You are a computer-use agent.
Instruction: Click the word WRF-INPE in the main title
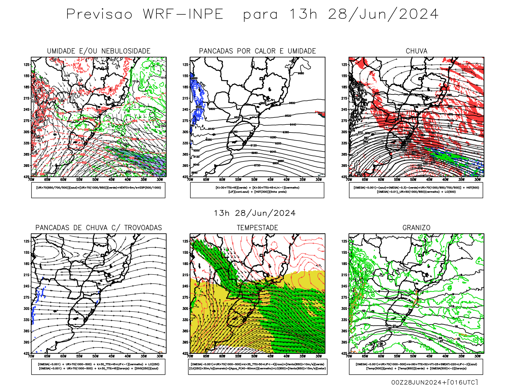click(183, 14)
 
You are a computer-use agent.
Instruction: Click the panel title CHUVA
click(416, 51)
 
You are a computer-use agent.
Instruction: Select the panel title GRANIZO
click(416, 227)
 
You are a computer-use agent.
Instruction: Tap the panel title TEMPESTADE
click(257, 227)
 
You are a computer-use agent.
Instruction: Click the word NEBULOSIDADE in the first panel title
click(126, 51)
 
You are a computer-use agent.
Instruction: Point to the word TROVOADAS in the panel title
click(143, 227)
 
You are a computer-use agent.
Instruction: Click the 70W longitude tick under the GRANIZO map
click(349, 356)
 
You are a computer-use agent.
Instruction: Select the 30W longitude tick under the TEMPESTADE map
click(318, 356)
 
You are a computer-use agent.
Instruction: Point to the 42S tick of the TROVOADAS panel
click(26, 353)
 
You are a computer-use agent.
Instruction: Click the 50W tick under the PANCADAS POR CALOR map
click(254, 180)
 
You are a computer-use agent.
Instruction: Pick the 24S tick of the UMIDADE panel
click(26, 109)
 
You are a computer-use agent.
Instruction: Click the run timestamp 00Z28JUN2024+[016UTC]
click(434, 382)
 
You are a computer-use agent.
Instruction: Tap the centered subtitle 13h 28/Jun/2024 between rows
click(255, 213)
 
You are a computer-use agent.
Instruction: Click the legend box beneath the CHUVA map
click(416, 190)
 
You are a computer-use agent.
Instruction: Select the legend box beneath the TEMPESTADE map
click(257, 366)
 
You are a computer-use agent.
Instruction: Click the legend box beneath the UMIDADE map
click(98, 190)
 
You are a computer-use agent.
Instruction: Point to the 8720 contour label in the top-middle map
click(257, 165)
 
